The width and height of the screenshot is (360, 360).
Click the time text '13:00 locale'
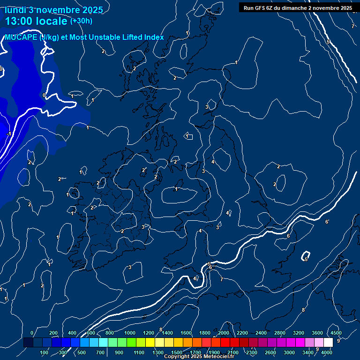[x=36, y=21]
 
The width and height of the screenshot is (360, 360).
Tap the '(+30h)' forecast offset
[x=81, y=21]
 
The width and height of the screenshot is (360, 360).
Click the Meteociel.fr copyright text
[x=199, y=357]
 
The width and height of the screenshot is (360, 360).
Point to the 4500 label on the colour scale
[x=336, y=333]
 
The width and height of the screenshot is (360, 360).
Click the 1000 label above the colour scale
[x=129, y=333]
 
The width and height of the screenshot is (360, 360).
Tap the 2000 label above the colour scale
[x=223, y=333]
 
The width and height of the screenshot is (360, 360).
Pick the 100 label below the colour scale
[x=44, y=352]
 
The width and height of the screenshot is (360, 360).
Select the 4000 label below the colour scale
[x=327, y=352]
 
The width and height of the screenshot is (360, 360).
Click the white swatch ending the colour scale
[x=328, y=343]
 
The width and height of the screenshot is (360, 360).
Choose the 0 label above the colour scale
[x=32, y=333]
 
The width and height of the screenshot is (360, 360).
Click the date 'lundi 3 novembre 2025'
[x=53, y=9]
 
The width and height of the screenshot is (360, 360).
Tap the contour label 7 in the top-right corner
[x=352, y=26]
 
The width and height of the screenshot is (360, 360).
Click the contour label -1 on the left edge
[x=9, y=134]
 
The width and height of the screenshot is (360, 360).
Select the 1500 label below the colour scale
[x=177, y=352]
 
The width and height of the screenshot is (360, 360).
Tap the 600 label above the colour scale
[x=90, y=333]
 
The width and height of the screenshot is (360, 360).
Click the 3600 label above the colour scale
[x=317, y=333]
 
